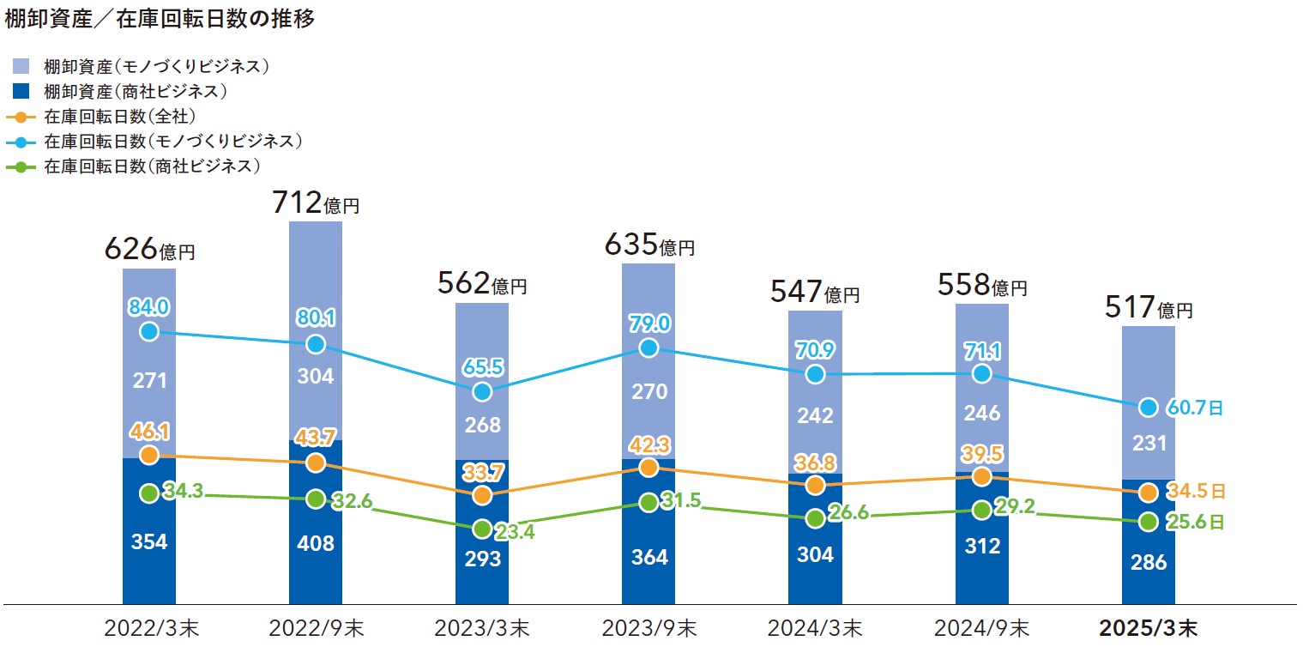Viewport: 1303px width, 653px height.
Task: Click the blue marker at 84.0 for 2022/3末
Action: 149,331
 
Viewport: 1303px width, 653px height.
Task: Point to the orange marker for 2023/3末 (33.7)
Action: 482,495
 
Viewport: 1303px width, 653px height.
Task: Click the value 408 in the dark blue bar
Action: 315,543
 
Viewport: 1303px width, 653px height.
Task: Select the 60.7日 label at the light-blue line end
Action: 1193,408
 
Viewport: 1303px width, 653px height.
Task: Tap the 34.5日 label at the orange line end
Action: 1195,493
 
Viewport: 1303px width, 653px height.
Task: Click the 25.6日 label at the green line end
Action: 1195,522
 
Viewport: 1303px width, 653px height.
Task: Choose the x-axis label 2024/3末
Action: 815,629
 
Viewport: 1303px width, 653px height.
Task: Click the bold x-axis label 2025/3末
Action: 1149,629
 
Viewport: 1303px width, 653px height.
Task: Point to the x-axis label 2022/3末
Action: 149,629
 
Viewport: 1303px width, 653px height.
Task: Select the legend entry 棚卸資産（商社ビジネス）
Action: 135,90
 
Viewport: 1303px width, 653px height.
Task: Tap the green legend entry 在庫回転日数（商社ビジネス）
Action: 151,166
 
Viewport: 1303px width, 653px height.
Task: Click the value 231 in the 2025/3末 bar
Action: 1149,444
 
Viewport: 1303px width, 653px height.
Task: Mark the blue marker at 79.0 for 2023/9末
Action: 648,348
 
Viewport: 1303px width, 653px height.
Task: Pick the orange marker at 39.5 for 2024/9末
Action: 981,476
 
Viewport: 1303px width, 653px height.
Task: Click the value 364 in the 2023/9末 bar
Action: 648,557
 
